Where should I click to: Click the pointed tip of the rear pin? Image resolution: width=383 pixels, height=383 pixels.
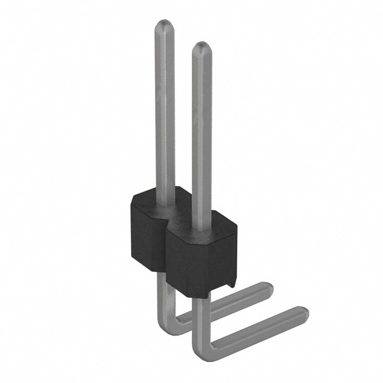pyautogui.click(x=165, y=25)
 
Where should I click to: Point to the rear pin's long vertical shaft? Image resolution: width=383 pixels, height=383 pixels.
pyautogui.click(x=165, y=108)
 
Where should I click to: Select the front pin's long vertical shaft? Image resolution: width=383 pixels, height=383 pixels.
pyautogui.click(x=202, y=132)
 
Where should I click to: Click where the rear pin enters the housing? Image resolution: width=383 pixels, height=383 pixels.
pyautogui.click(x=165, y=202)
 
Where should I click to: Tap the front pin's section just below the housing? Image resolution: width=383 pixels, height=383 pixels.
pyautogui.click(x=197, y=311)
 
